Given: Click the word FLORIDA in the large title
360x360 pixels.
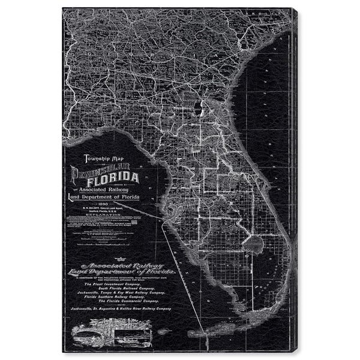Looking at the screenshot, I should [x=113, y=178].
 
